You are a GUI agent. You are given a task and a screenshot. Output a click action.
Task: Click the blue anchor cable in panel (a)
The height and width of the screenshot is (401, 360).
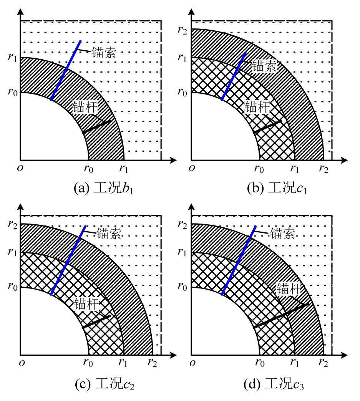pyautogui.click(x=66, y=70)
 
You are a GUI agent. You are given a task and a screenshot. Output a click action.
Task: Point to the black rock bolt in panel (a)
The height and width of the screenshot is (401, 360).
pyautogui.click(x=96, y=127)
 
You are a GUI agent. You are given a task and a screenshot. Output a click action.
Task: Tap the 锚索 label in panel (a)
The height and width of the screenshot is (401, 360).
pyautogui.click(x=104, y=53)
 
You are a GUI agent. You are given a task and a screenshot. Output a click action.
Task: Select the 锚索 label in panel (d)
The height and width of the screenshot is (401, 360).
pyautogui.click(x=282, y=233)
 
